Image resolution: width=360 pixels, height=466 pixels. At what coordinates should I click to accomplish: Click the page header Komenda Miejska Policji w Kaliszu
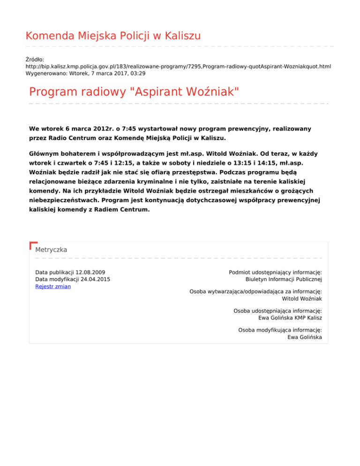pyautogui.click(x=113, y=36)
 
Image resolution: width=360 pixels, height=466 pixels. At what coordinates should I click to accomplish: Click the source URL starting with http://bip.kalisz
pyautogui.click(x=178, y=67)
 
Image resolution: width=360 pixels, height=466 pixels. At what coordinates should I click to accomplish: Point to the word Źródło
pyautogui.click(x=35, y=60)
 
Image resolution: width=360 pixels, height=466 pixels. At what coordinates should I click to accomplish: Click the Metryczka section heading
pyautogui.click(x=51, y=250)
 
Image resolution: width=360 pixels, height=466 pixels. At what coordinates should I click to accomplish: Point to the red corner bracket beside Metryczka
pyautogui.click(x=32, y=245)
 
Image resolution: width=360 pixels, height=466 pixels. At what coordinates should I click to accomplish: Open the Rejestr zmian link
pyautogui.click(x=53, y=286)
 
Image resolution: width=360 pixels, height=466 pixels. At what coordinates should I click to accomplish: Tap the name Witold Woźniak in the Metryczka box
pyautogui.click(x=301, y=299)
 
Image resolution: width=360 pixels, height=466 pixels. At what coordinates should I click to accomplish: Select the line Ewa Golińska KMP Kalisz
pyautogui.click(x=290, y=318)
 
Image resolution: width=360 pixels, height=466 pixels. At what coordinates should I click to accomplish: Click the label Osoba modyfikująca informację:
pyautogui.click(x=280, y=330)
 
